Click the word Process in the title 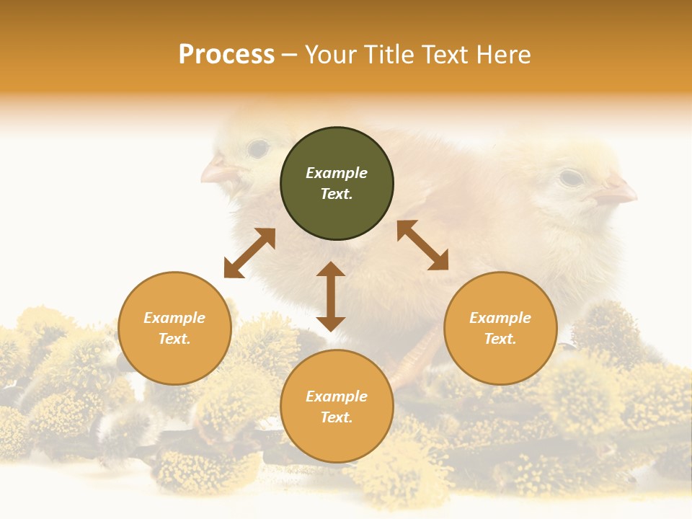[x=226, y=55]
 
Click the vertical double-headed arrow [x=331, y=296]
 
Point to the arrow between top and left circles [x=249, y=253]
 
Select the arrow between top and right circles [x=422, y=245]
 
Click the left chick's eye [x=257, y=149]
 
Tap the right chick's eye [x=570, y=177]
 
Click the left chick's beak [x=217, y=172]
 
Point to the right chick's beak [x=617, y=191]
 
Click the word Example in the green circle [x=337, y=173]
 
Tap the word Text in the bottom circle [x=336, y=417]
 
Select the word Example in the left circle [x=174, y=318]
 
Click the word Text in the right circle [x=500, y=339]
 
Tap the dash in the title [x=289, y=56]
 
